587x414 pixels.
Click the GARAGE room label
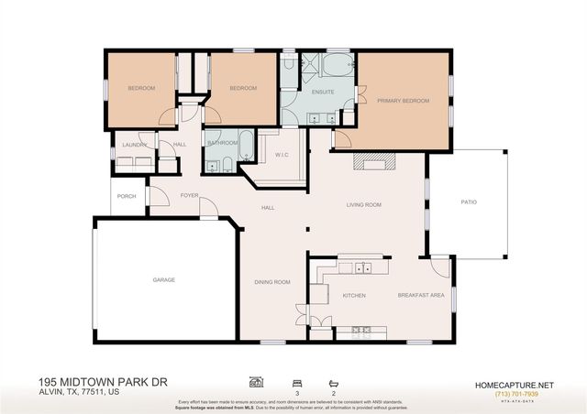(x=164, y=279)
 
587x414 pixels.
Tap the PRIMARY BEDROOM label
(x=403, y=101)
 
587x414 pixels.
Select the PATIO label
(x=468, y=202)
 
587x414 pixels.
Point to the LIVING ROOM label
(x=363, y=205)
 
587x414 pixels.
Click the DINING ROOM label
(x=272, y=282)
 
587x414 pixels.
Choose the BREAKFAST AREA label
(x=421, y=296)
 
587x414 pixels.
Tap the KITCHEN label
(x=354, y=296)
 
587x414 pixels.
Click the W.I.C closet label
(x=282, y=155)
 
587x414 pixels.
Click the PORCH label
(x=127, y=195)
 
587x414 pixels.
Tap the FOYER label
(x=190, y=195)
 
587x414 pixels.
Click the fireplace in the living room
(x=374, y=163)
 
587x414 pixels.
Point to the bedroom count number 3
(x=296, y=392)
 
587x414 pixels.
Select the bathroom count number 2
(x=333, y=392)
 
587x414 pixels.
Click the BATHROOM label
(x=222, y=143)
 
